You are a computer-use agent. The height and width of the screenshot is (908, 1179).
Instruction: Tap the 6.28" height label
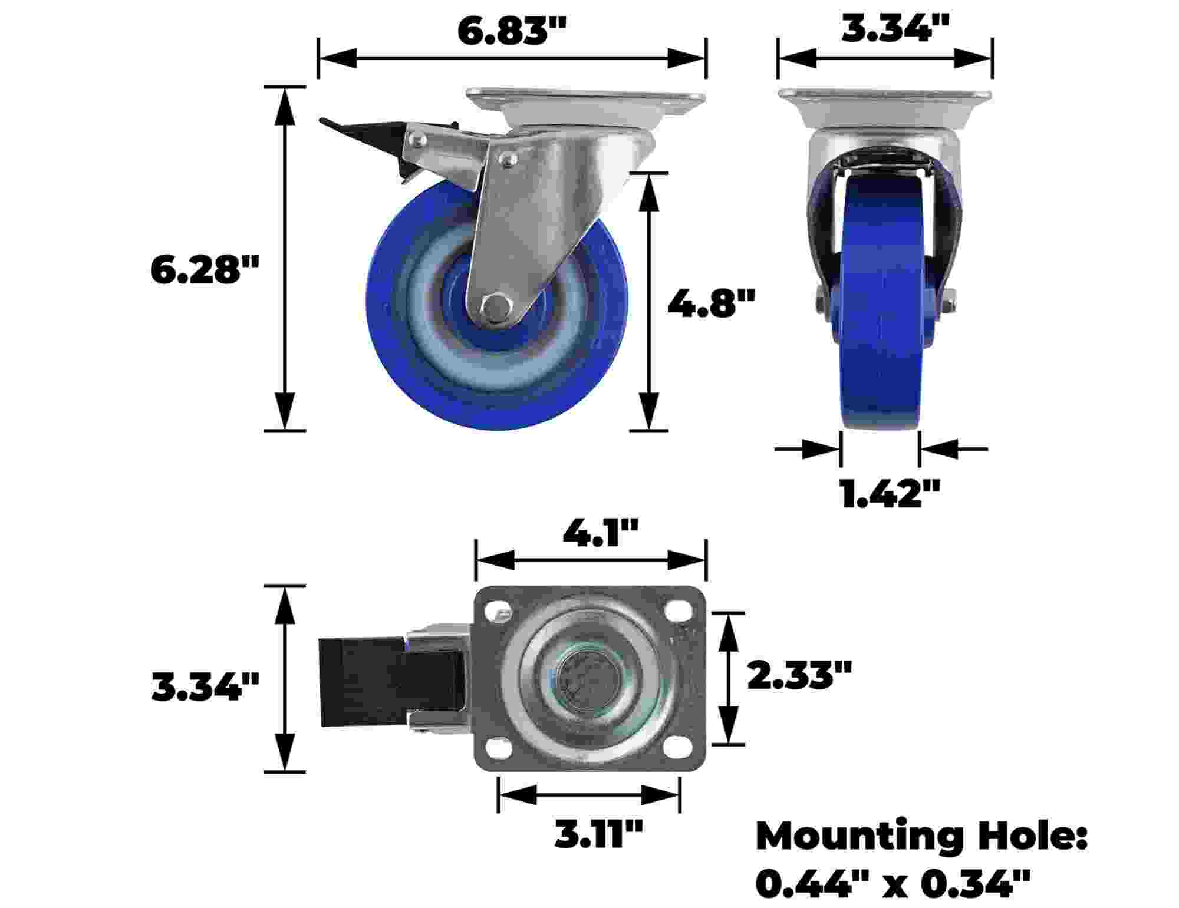(x=205, y=270)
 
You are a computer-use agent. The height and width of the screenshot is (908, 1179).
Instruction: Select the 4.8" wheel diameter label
(x=711, y=304)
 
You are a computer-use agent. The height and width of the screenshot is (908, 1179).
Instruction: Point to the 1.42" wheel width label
(x=888, y=493)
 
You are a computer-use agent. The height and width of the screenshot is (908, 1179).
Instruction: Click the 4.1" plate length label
(x=600, y=533)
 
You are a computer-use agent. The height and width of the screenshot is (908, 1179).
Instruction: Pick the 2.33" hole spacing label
(x=799, y=675)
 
